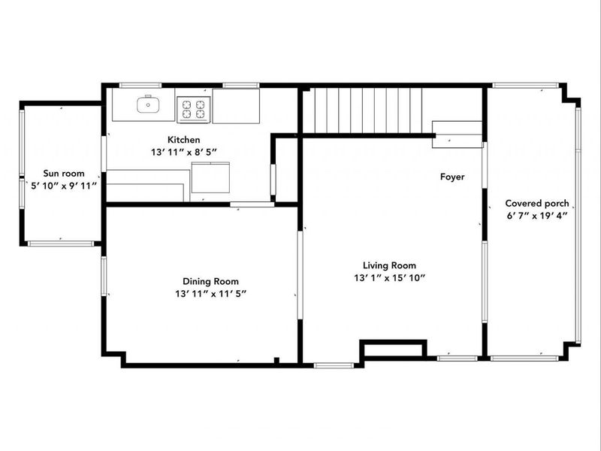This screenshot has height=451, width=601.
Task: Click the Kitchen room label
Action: tap(183, 140)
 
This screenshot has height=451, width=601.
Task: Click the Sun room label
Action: tap(63, 173)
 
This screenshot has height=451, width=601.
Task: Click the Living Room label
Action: tap(389, 265)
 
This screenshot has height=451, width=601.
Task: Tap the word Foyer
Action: tap(452, 177)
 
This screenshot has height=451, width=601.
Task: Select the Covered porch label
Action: tap(536, 203)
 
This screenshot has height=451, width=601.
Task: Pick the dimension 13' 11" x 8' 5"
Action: tap(184, 151)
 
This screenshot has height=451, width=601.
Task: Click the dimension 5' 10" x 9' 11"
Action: tap(64, 185)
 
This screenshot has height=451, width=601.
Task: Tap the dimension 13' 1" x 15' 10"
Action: tap(390, 277)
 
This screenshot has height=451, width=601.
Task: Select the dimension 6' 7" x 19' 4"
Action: tap(536, 215)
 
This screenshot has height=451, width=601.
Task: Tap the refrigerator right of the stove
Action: tap(236, 106)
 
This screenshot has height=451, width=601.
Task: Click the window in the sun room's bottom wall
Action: tap(60, 243)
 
